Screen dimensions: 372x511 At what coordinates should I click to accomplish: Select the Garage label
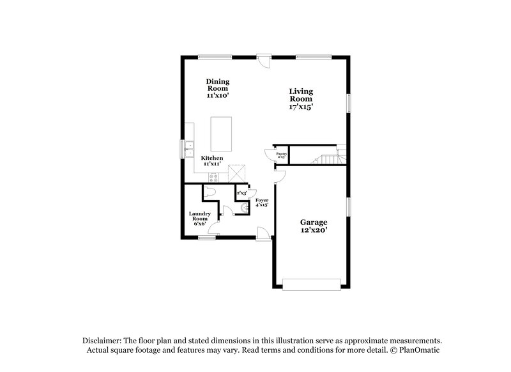314,222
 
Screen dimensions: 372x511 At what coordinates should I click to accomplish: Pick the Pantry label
281,154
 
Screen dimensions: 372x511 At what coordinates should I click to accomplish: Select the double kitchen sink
188,150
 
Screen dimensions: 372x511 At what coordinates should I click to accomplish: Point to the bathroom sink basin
245,207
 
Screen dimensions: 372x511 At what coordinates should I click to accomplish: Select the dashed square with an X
237,173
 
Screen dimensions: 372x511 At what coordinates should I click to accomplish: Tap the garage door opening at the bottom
312,284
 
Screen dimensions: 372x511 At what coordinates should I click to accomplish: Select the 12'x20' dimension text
314,230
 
